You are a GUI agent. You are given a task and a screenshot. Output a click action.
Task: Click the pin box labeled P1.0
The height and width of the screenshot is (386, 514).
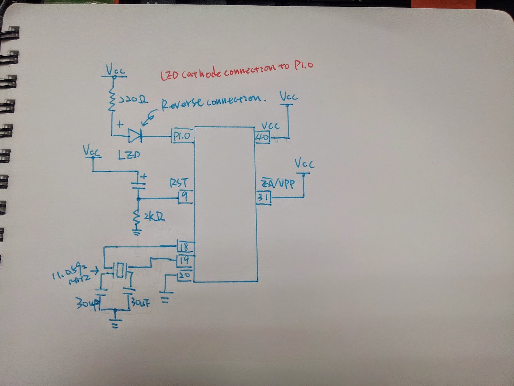pos(182,136)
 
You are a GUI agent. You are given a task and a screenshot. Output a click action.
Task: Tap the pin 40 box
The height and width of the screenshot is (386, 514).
pos(263,137)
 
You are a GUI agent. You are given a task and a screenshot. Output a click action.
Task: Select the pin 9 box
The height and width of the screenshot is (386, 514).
pos(184,197)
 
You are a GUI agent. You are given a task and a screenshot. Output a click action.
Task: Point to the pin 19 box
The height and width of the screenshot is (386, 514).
pos(184,260)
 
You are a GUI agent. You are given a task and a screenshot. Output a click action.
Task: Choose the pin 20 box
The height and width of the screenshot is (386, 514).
pos(184,275)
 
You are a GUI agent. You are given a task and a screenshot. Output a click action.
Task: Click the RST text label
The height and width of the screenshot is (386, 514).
pos(178,183)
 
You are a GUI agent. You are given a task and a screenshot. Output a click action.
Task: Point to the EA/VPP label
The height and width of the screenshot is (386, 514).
pos(278,184)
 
